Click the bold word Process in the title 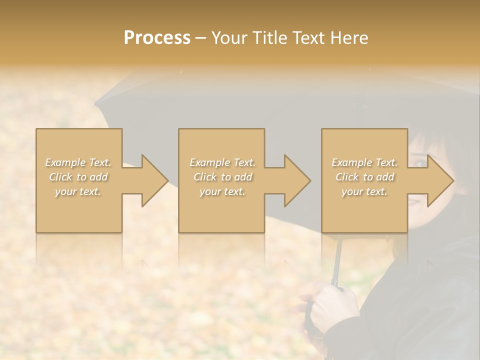(157, 38)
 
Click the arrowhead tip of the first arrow (166, 180)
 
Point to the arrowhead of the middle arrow (308, 180)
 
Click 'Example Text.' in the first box (78, 162)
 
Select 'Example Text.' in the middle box (222, 162)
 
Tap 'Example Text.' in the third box (364, 162)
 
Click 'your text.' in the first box (78, 191)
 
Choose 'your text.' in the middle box (222, 191)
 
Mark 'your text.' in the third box (364, 191)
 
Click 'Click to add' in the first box (78, 177)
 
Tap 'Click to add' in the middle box (222, 177)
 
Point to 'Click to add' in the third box (364, 177)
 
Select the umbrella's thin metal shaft (338, 260)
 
